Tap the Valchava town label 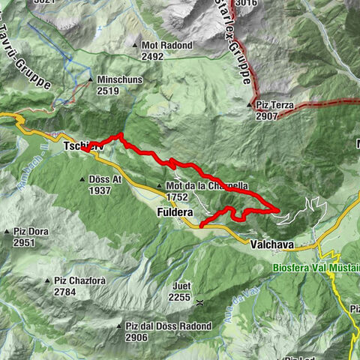coord(271,245)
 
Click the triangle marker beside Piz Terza coord(251,105)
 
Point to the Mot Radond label coord(167,45)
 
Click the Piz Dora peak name coord(30,232)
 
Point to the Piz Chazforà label coord(79,280)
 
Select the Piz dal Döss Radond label coord(169,326)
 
